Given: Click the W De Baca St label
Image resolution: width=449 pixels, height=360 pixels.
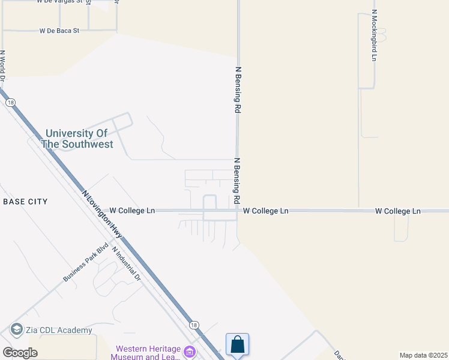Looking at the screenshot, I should [x=59, y=30].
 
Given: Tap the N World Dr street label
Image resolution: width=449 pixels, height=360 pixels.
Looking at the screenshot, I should [x=3, y=65].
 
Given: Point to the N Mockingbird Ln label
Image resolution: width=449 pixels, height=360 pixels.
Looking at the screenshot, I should [x=374, y=35].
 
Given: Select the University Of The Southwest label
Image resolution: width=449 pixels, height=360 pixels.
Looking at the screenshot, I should [x=77, y=139].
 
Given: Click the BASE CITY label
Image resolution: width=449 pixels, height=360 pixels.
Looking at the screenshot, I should [x=25, y=202].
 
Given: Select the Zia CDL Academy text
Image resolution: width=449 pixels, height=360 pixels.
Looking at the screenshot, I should [x=59, y=330].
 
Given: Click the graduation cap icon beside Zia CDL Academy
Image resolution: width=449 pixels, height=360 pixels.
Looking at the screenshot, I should [x=16, y=329].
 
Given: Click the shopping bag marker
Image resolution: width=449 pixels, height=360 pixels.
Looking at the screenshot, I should [x=238, y=345].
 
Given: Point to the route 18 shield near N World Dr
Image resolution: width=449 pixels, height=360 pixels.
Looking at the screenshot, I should [x=10, y=103].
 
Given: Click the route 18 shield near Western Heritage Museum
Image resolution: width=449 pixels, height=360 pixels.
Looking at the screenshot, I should [x=193, y=325].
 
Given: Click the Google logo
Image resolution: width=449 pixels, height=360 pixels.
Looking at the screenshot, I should [x=20, y=352].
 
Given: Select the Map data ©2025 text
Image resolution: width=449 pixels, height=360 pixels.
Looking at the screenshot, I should [x=423, y=355].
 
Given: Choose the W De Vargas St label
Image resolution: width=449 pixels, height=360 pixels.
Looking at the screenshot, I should [x=64, y=2].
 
